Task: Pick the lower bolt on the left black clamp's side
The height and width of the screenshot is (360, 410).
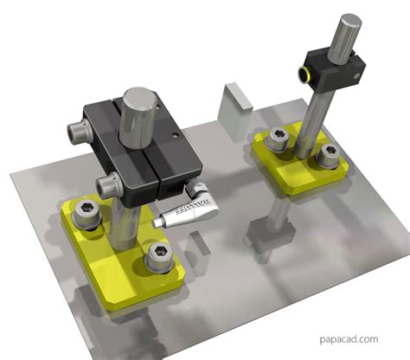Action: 111,183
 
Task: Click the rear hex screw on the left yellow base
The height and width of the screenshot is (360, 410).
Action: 87,210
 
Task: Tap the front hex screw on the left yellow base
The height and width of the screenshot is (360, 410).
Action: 158,254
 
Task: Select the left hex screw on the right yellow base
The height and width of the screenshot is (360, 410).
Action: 278,136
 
